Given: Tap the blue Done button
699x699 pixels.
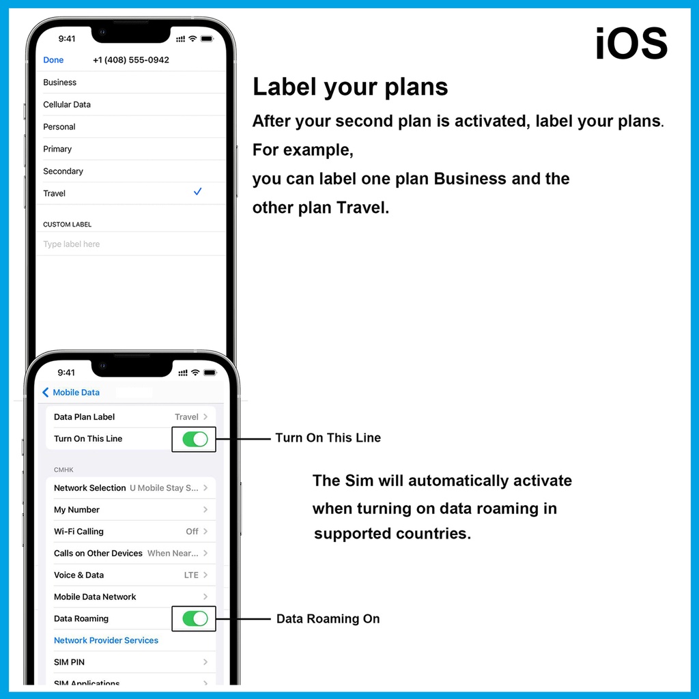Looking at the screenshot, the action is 53,60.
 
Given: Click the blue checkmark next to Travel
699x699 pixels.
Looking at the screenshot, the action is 197,192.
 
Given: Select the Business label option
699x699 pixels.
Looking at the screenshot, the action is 60,83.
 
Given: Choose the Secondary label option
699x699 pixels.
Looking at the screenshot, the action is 63,171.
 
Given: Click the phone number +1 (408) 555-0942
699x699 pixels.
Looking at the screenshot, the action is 130,60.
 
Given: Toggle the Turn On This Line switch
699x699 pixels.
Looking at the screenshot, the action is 195,439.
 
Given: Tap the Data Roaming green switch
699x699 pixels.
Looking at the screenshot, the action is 195,618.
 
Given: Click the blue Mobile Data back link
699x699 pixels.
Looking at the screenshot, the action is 71,393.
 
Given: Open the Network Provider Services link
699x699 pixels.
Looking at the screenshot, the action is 106,640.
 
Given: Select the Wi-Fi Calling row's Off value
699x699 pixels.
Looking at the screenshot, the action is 192,531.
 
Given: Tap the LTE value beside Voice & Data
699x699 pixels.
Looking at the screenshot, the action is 191,575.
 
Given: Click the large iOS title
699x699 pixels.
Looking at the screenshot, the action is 631,43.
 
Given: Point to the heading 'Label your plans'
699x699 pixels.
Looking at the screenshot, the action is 350,87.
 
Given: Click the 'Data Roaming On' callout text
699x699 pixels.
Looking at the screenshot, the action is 328,618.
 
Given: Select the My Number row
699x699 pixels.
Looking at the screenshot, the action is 130,509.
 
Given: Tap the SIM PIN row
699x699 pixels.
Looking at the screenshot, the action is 130,662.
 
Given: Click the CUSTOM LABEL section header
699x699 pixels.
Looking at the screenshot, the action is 67,224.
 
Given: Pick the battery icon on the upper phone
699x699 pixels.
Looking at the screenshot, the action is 207,39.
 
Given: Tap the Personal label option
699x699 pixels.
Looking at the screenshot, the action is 59,126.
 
